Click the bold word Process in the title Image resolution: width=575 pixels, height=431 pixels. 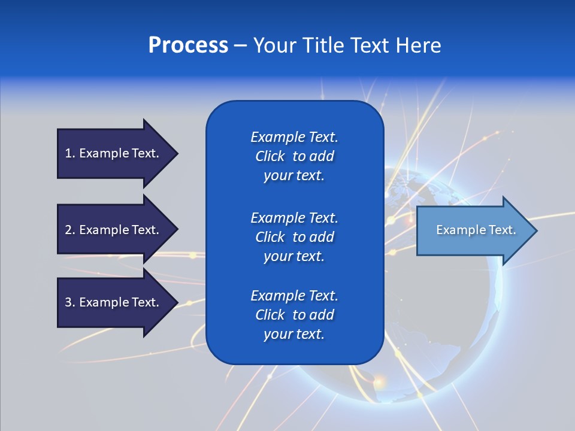click(x=188, y=45)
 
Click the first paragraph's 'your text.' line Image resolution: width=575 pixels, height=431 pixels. click(x=294, y=176)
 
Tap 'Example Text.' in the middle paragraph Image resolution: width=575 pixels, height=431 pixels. click(x=294, y=217)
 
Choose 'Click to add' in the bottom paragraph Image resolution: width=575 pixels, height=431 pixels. click(x=294, y=315)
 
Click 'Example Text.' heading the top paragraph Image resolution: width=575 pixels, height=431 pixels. click(x=294, y=137)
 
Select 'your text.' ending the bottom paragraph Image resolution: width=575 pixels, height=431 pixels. click(x=294, y=334)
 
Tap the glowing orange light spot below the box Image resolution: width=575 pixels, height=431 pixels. click(x=380, y=380)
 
